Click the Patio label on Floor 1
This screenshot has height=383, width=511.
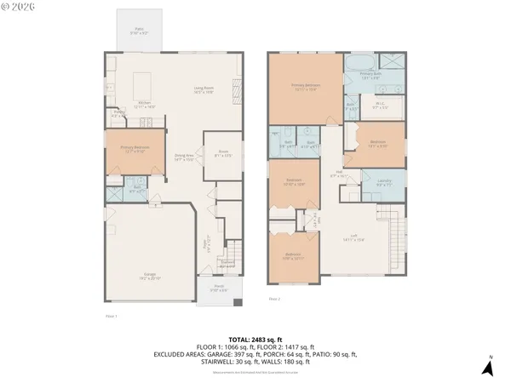click(139, 31)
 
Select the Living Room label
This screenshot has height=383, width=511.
click(203, 89)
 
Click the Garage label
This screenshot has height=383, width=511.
click(149, 275)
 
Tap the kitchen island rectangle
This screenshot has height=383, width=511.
click(143, 83)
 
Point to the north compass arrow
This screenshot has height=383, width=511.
click(488, 367)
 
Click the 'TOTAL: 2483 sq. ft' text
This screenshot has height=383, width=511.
click(255, 340)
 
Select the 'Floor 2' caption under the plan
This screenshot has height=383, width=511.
click(274, 300)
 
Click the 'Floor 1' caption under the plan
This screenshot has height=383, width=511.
click(110, 317)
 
